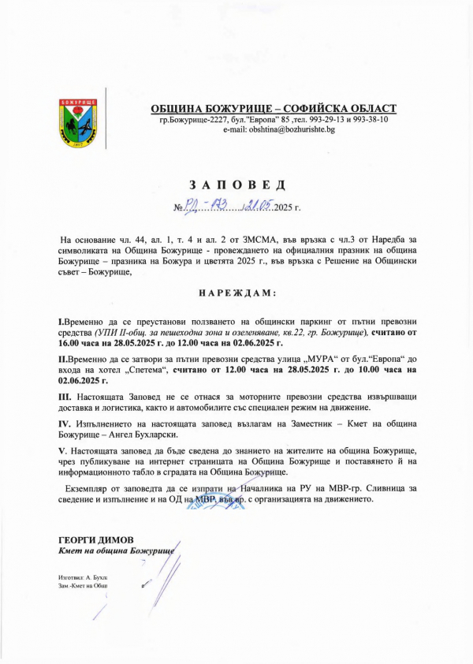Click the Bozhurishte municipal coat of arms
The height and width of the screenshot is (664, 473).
[76, 122]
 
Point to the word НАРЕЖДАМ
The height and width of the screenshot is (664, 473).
[236, 293]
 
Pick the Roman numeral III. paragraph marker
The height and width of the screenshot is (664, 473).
[65, 396]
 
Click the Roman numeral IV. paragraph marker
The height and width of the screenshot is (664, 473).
[66, 423]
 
